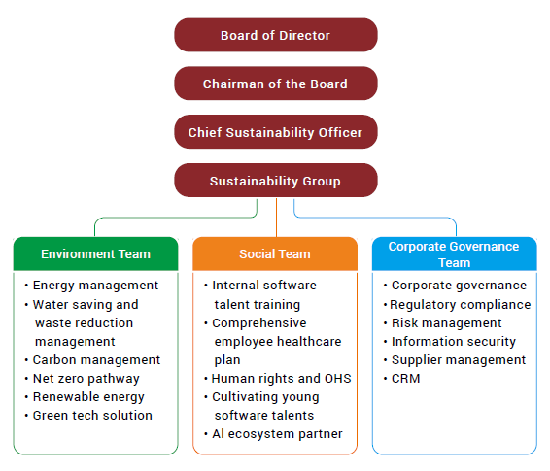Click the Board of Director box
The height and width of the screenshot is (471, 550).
[x=276, y=35]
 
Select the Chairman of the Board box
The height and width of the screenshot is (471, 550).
[x=276, y=84]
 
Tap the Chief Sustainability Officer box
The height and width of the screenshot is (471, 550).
[x=276, y=132]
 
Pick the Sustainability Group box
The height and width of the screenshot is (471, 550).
[x=276, y=180]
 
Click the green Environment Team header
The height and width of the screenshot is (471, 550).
[x=95, y=253]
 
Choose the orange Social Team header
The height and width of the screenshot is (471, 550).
[x=275, y=253]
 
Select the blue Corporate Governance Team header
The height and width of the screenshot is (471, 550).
[x=454, y=253]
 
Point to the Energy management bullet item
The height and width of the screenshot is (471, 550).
[x=92, y=286]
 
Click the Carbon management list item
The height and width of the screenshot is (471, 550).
[x=92, y=360]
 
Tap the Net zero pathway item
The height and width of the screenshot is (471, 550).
[x=83, y=379]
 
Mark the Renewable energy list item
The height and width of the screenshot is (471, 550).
[x=85, y=397]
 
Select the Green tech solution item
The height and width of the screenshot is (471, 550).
[x=88, y=416]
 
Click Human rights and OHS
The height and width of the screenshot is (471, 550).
[x=278, y=379]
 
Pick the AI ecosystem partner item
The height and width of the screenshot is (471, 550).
[x=274, y=434]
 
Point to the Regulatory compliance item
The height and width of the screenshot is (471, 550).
[x=457, y=305]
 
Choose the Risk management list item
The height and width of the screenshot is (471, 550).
[x=443, y=323]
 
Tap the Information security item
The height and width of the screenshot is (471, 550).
[x=450, y=342]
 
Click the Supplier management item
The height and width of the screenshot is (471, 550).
[x=455, y=360]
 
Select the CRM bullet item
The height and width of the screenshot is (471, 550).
[x=401, y=379]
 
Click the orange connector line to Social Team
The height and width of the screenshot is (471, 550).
[x=276, y=218]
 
